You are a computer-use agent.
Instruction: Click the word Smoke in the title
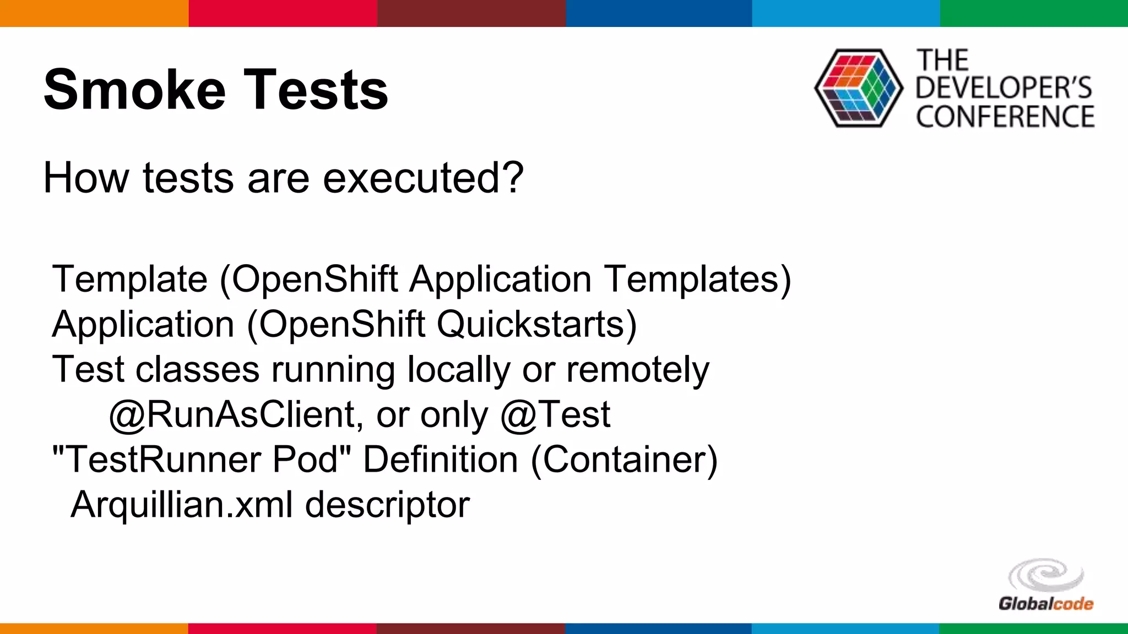(134, 90)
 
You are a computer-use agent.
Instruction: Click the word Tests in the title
(316, 90)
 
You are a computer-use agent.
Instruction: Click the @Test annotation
(555, 414)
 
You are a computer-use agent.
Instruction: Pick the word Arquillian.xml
(182, 505)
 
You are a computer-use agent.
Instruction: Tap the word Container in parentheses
(624, 460)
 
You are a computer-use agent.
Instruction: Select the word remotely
(638, 370)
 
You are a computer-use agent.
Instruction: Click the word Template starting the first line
(130, 280)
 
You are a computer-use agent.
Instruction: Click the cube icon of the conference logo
(858, 88)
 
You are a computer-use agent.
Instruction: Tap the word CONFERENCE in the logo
(1005, 117)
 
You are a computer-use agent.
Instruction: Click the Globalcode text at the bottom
(1045, 604)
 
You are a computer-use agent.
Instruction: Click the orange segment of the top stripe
(94, 13)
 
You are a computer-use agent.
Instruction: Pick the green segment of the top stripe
(1033, 13)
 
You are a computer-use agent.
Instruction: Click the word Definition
(440, 460)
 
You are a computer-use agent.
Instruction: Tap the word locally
(458, 370)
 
